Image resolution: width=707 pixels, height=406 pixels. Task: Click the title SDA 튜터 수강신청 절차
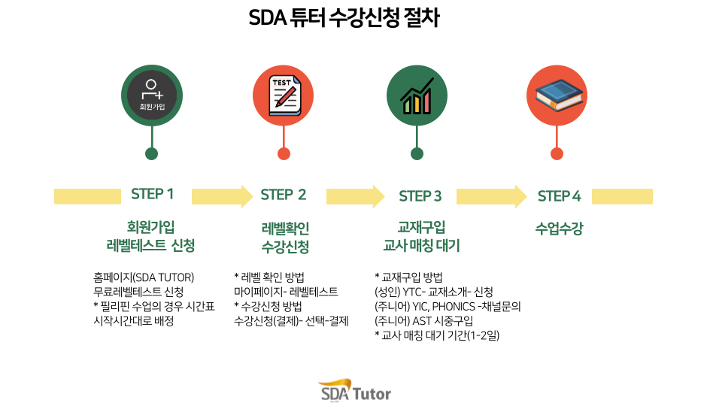pos(344,19)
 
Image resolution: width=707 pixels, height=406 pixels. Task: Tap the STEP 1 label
pos(152,194)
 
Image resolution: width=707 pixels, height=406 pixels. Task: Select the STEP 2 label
pos(283,195)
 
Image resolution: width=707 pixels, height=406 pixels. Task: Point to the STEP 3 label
pos(420,196)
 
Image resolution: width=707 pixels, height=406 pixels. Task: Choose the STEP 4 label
pos(559,196)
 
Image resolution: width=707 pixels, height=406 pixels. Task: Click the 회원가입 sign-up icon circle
pos(152,95)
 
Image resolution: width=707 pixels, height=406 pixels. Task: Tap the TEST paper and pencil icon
pos(284,95)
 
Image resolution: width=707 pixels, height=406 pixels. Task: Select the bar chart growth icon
pos(417,95)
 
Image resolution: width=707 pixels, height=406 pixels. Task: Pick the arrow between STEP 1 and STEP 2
pos(223,196)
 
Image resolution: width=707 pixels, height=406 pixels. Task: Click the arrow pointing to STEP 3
pos(355,196)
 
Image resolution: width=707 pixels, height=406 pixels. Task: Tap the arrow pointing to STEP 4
pos(491,196)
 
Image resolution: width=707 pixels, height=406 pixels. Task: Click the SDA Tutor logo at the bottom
pos(355,390)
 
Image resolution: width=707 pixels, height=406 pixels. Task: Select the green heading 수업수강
pos(559,228)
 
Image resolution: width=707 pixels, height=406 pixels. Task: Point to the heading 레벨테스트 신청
pos(150,246)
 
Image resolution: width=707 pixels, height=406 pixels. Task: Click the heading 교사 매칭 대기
pos(421,246)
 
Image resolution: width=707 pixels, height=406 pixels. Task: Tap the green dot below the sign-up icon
pos(151,153)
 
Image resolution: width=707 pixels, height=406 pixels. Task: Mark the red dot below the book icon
pos(557,153)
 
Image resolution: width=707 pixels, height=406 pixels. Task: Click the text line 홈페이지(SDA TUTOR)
pos(144,277)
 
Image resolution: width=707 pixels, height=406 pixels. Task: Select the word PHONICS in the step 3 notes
pos(454,307)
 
